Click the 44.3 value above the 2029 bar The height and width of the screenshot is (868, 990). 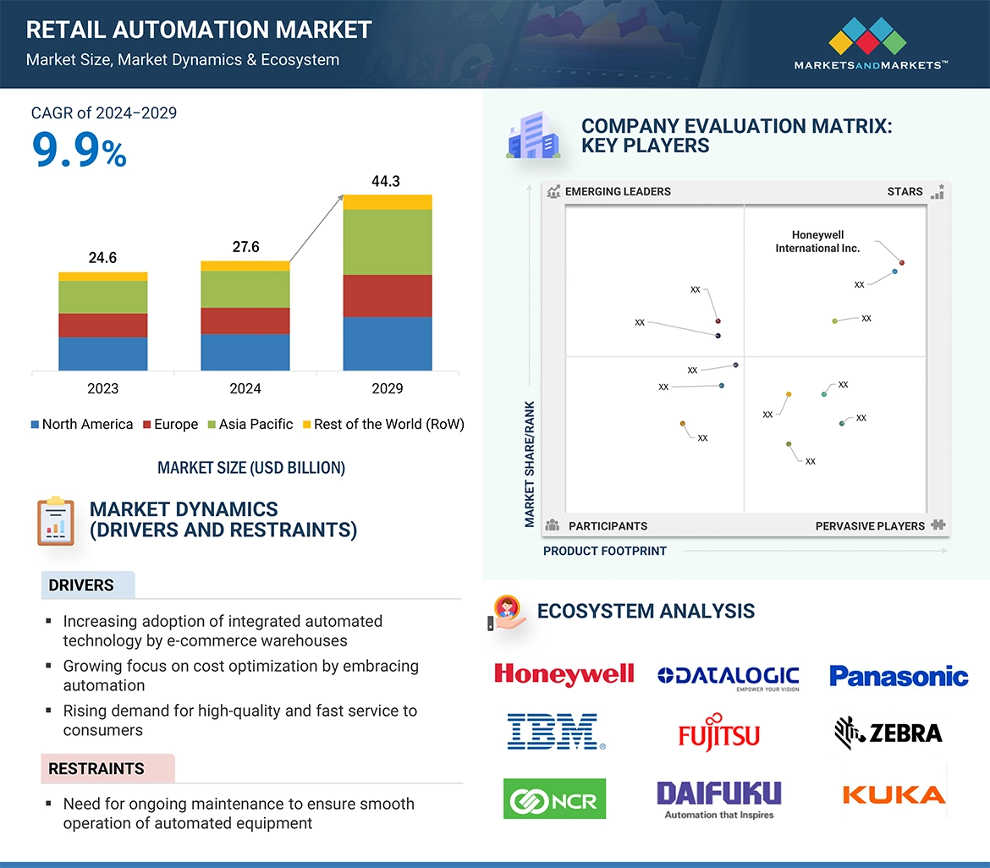click(x=386, y=181)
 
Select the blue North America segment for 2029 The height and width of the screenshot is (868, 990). click(x=388, y=343)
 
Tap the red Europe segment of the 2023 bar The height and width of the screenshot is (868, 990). click(x=103, y=326)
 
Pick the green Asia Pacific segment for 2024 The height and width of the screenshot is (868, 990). click(x=245, y=289)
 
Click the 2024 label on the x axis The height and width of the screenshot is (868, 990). click(x=245, y=388)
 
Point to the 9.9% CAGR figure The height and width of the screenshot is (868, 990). click(x=79, y=151)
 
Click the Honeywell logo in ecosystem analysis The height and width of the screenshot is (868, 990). click(x=564, y=674)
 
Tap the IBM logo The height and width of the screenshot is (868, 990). click(x=556, y=732)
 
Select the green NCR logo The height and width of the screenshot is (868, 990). click(x=554, y=799)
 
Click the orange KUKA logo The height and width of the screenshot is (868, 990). click(x=894, y=794)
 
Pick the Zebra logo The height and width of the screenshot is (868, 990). click(x=888, y=732)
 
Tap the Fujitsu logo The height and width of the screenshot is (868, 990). click(x=719, y=733)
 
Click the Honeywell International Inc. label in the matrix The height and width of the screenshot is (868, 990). click(x=817, y=242)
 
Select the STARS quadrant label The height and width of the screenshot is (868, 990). click(x=905, y=191)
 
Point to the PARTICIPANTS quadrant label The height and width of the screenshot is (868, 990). click(x=608, y=525)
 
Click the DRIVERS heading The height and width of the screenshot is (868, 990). click(x=81, y=585)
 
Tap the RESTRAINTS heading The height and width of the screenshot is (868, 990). click(x=96, y=769)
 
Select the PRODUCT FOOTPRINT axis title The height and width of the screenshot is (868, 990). click(x=605, y=551)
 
